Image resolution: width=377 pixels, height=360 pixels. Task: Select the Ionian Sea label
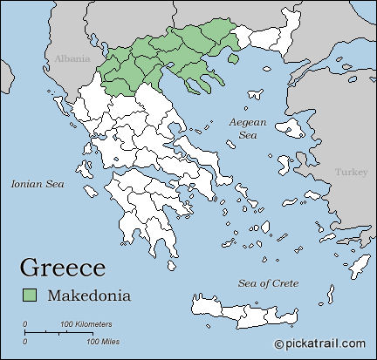click(38, 184)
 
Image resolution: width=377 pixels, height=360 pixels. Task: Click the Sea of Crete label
click(269, 283)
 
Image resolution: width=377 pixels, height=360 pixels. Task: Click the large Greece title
click(62, 267)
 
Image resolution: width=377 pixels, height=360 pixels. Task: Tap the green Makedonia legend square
click(31, 295)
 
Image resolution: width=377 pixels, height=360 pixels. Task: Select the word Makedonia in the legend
click(89, 295)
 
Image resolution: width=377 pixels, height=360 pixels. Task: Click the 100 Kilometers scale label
click(86, 324)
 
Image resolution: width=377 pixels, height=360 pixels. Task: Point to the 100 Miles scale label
click(103, 341)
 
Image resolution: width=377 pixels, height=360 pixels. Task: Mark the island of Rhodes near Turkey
click(358, 263)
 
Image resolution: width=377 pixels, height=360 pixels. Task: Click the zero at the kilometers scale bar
click(24, 324)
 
